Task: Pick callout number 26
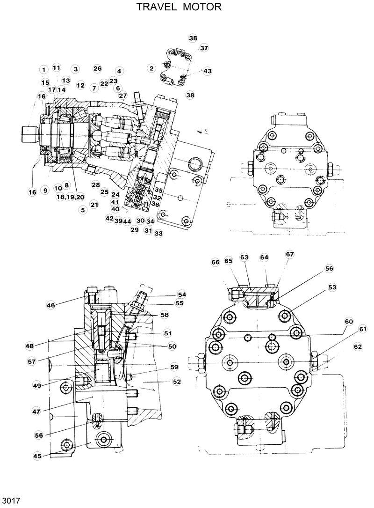coord(97,68)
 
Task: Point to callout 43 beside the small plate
coord(207,71)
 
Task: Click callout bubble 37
coord(204,48)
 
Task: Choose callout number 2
coord(151,68)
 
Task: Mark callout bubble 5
coord(83,210)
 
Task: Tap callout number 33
coord(158,233)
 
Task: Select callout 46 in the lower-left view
coord(50,305)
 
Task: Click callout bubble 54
coord(181,294)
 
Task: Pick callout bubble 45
coord(36,456)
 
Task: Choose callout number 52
coord(176,382)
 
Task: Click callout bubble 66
coord(215,263)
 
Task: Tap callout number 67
coord(290,254)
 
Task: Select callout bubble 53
coord(331,287)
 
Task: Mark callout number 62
coord(358,347)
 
